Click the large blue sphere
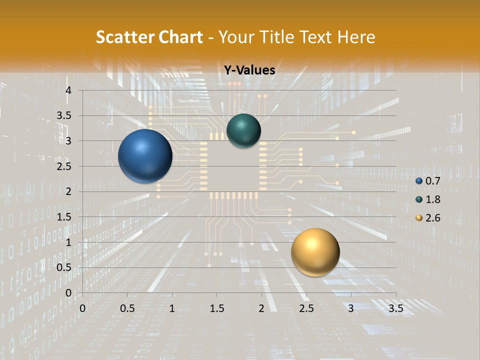[x=145, y=156]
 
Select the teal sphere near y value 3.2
[x=243, y=131]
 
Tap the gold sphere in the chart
[x=315, y=252]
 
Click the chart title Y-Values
[x=249, y=70]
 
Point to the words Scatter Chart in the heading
[x=149, y=37]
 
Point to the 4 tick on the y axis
[x=68, y=90]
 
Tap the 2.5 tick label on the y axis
[x=64, y=166]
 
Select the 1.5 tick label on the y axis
[x=64, y=217]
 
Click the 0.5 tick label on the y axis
[x=64, y=267]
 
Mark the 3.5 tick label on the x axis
[x=395, y=308]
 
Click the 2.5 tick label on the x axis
[x=306, y=308]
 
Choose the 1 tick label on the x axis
[x=172, y=308]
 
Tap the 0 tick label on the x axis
[x=82, y=308]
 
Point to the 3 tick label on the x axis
[x=351, y=308]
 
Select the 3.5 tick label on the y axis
[x=64, y=116]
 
